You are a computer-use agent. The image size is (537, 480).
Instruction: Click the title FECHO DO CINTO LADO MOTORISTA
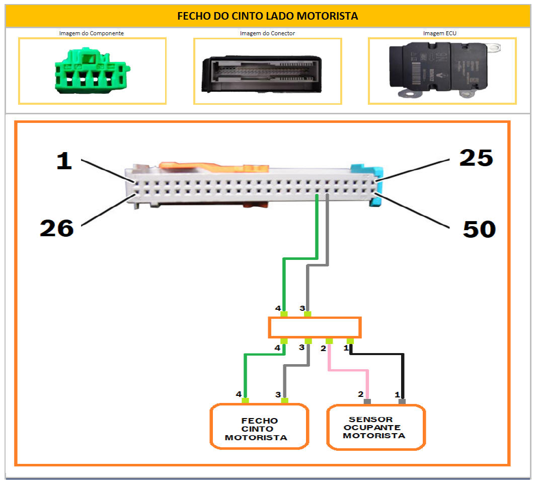pyautogui.click(x=267, y=16)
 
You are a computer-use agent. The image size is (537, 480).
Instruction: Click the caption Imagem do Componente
pyautogui.click(x=91, y=33)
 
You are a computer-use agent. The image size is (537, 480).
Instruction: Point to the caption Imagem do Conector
pyautogui.click(x=267, y=33)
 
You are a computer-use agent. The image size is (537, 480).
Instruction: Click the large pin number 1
pyautogui.click(x=64, y=162)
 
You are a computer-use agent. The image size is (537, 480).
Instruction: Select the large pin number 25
pyautogui.click(x=476, y=158)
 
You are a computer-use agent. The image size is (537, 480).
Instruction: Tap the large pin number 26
pyautogui.click(x=57, y=228)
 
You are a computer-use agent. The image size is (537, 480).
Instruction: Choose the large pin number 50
pyautogui.click(x=479, y=229)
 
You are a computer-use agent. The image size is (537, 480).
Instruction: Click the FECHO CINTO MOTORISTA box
pyautogui.click(x=259, y=428)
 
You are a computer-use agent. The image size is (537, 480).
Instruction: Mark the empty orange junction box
pyautogui.click(x=315, y=327)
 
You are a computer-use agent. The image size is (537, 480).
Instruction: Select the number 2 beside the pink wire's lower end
pyautogui.click(x=360, y=394)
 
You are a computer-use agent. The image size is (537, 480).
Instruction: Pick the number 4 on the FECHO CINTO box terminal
pyautogui.click(x=239, y=394)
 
